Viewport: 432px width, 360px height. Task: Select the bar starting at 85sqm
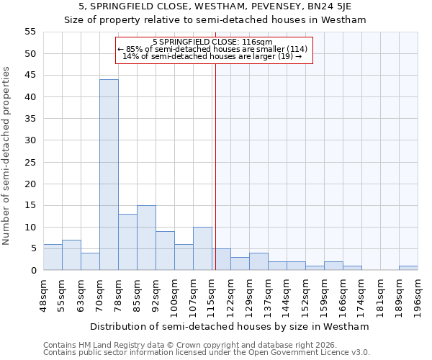pos(146,238)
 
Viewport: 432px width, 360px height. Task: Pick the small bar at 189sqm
pos(408,268)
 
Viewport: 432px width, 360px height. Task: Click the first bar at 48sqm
pos(53,257)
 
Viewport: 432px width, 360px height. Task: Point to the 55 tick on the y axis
pos(30,32)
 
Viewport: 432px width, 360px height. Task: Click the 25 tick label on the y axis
pos(30,162)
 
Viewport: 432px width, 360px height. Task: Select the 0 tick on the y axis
pos(33,271)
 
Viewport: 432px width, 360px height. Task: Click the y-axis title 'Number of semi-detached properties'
pos(7,156)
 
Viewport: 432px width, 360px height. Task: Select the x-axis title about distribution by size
pos(229,326)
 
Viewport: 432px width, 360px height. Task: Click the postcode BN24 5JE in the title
pos(325,6)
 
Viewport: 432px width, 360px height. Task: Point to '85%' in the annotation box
pos(135,49)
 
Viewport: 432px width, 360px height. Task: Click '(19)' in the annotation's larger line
pos(285,56)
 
